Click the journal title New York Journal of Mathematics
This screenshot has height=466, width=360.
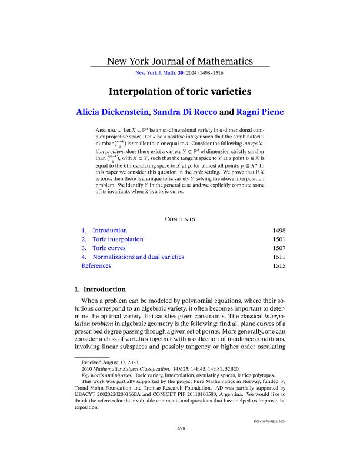pyautogui.click(x=179, y=61)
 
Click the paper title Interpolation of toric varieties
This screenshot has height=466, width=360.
pyautogui.click(x=179, y=92)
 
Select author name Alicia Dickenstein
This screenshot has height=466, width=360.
pyautogui.click(x=118, y=112)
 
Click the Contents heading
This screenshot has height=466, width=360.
pyautogui.click(x=180, y=219)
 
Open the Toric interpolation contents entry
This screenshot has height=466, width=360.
pyautogui.click(x=118, y=239)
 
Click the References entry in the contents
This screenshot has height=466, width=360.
pyautogui.click(x=96, y=266)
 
